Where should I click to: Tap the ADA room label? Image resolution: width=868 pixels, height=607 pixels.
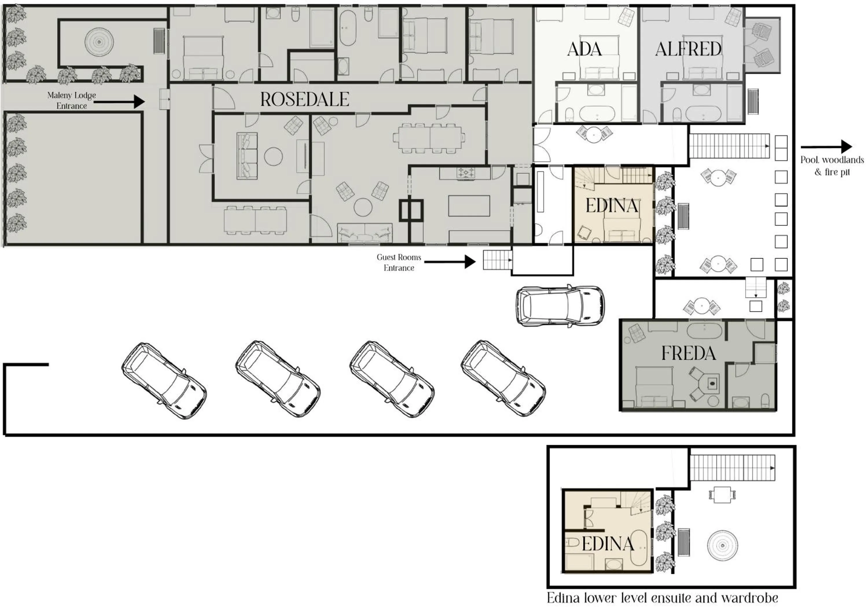coord(584,49)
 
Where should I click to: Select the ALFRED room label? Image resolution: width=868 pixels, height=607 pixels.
coord(688,49)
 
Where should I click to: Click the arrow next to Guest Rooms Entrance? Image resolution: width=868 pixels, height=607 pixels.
coord(450,262)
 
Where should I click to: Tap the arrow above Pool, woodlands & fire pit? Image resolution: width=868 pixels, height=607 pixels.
coord(826,147)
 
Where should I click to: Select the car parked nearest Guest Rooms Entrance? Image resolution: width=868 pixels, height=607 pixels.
coord(560,305)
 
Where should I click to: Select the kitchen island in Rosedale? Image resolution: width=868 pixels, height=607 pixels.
coord(469,206)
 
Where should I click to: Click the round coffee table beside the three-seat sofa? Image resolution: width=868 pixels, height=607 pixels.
coord(273,156)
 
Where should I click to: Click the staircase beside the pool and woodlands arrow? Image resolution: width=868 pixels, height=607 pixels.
coord(729,146)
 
